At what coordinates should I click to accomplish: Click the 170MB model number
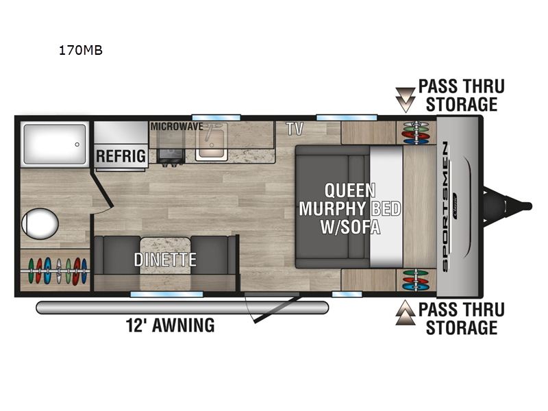(80, 50)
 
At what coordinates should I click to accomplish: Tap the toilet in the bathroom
(40, 224)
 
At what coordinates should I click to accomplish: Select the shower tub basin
(55, 145)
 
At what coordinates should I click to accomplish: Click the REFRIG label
(121, 156)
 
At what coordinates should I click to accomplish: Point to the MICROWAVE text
(177, 126)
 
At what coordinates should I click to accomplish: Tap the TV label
(295, 129)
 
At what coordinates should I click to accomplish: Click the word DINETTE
(165, 260)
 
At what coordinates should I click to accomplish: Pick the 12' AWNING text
(170, 325)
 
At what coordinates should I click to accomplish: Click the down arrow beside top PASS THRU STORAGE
(406, 99)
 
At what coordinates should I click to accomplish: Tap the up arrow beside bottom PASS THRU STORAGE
(406, 312)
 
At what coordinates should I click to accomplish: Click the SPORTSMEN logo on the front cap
(445, 207)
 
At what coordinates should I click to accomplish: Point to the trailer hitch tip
(530, 206)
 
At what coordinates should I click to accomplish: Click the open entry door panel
(277, 310)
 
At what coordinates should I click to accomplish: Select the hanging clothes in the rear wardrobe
(57, 271)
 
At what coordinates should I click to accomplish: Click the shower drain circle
(77, 145)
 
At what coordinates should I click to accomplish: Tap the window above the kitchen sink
(216, 118)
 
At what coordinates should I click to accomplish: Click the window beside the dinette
(166, 295)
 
